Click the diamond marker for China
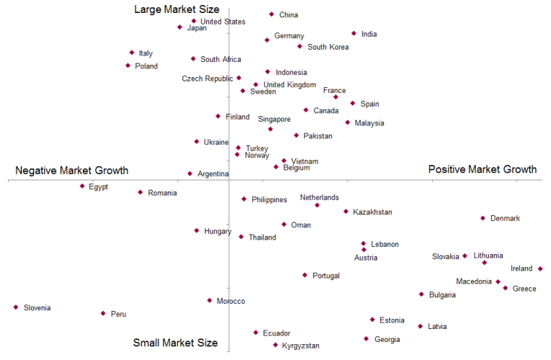pos(272,14)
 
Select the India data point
pos(354,33)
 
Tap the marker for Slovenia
pos(15,307)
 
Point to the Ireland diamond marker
pos(540,269)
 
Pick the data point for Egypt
pos(82,186)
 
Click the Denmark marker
pos(483,218)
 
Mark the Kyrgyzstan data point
pos(275,345)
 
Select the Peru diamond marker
pos(103,313)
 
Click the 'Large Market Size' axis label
pos(176,9)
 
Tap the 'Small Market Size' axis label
pos(175,343)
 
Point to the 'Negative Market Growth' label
pos(72,171)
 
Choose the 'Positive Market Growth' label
pos(483,169)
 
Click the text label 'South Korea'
pos(328,48)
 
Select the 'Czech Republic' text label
pos(207,79)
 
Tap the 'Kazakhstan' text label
pos(372,212)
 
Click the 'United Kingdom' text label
pos(290,85)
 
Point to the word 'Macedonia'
pos(474,282)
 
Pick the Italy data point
pos(132,53)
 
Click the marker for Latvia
pos(420,326)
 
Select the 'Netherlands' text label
pos(319,197)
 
